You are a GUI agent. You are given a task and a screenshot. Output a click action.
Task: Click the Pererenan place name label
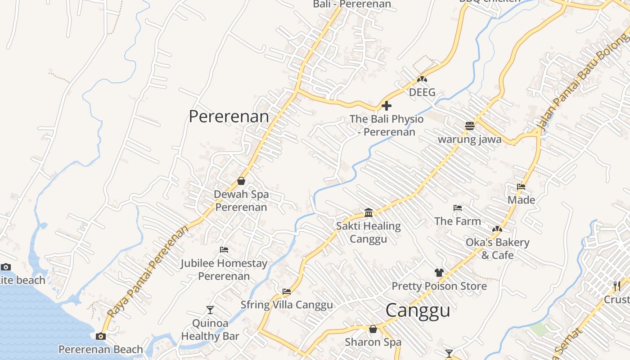point(229,117)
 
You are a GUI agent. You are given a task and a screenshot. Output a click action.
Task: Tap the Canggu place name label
point(418,310)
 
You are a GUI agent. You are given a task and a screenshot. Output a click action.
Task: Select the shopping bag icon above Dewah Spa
point(241,181)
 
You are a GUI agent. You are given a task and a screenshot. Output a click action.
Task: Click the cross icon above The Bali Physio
point(387,106)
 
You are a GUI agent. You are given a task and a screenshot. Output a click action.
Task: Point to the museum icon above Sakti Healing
point(369,212)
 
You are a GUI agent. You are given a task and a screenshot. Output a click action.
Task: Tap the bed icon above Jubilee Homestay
point(224,250)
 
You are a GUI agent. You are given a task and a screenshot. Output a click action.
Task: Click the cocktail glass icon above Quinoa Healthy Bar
point(210,310)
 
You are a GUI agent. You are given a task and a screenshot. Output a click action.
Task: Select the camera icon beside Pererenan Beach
point(101,336)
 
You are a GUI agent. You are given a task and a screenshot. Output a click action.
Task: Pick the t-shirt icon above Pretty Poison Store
point(439,273)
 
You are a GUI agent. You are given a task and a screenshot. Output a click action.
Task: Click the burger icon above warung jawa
point(470,126)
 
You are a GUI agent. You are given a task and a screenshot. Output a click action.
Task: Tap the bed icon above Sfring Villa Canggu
point(287,291)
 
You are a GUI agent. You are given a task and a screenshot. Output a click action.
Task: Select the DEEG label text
point(422,92)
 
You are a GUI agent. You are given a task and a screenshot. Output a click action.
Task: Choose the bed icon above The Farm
point(458,208)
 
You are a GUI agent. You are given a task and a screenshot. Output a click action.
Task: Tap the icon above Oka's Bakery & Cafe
point(497,229)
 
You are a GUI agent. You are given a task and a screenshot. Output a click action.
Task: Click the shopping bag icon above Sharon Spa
point(373,329)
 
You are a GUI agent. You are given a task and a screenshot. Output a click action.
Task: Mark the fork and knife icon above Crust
point(617,286)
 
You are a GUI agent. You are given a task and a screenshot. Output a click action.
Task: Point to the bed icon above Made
point(521,187)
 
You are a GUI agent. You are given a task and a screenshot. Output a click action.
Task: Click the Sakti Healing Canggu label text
point(369,232)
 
